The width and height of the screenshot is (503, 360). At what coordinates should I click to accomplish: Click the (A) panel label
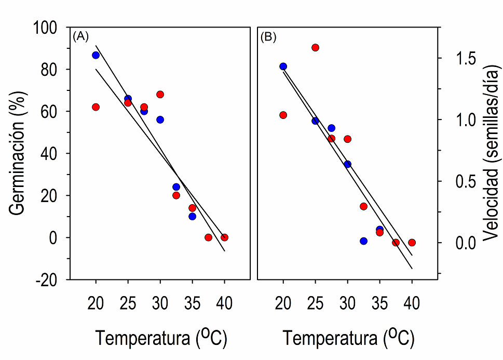81,36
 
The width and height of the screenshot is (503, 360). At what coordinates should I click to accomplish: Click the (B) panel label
268,37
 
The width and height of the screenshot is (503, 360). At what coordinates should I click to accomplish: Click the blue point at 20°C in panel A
96,55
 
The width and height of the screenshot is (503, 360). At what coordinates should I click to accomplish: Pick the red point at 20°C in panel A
96,107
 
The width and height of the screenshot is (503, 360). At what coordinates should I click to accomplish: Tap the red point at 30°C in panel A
160,95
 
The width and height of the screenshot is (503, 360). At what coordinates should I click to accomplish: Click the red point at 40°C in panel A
224,237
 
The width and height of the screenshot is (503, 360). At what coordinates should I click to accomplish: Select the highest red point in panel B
315,48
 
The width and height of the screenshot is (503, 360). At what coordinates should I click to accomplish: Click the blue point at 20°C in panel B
283,66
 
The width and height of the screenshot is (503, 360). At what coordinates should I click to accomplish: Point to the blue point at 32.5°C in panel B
363,241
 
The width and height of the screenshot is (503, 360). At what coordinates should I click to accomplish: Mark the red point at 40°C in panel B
412,243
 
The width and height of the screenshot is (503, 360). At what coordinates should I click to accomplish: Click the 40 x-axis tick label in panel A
224,302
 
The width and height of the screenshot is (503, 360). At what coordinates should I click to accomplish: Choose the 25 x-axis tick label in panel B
315,302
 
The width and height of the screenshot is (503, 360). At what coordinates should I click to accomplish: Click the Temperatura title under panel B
348,339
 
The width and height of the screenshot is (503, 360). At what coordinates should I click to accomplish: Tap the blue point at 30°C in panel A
160,119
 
